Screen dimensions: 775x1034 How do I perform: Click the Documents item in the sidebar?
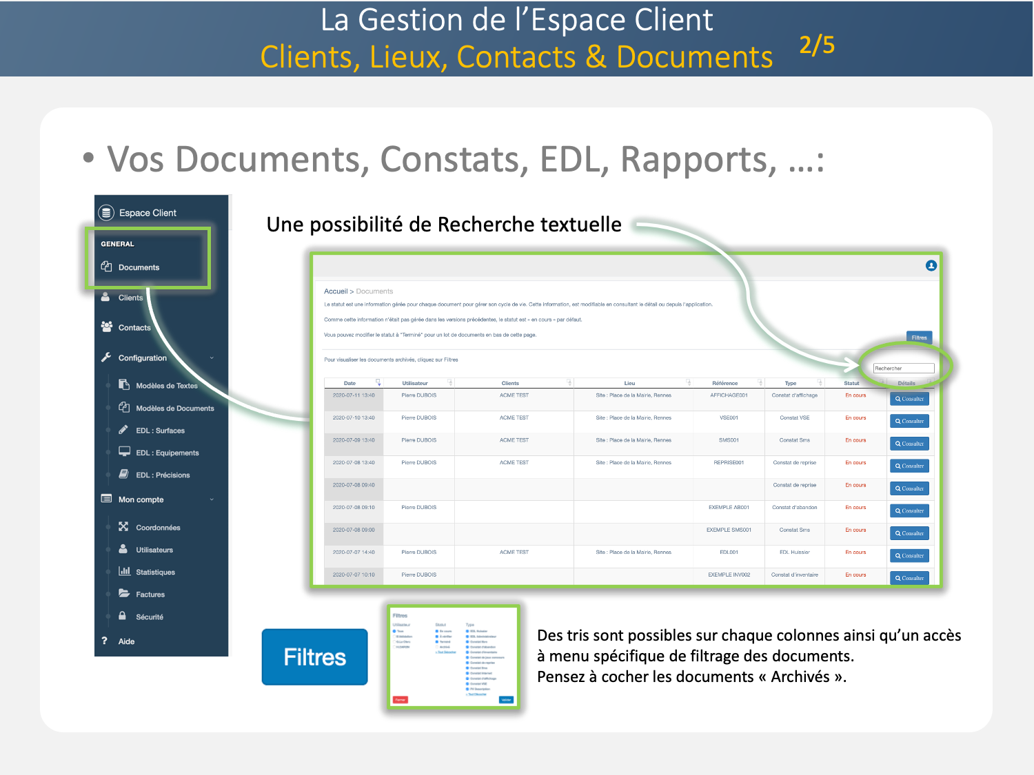[x=139, y=267]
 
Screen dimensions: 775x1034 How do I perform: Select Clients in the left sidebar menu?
[x=130, y=298]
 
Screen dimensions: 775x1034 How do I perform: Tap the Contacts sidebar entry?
[x=134, y=328]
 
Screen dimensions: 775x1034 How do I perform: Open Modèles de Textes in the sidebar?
[x=166, y=386]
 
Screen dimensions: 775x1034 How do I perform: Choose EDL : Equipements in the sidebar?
[x=167, y=453]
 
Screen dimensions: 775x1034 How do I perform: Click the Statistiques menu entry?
[x=155, y=572]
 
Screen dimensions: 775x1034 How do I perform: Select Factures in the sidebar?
[x=150, y=595]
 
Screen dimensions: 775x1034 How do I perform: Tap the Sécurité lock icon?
[x=123, y=616]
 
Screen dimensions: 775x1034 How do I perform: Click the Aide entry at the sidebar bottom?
[x=126, y=641]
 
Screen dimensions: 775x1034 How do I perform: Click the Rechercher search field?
[x=903, y=369]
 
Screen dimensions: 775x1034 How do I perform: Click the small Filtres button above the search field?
[x=919, y=338]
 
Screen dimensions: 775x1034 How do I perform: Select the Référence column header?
[x=724, y=383]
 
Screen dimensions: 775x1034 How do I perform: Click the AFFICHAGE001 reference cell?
[x=729, y=395]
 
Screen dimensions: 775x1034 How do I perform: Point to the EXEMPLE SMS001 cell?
[x=729, y=530]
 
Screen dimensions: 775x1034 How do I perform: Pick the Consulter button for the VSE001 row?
[x=909, y=421]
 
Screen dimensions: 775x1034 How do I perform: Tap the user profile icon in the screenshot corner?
[x=931, y=266]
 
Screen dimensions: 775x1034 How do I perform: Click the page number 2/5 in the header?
[x=817, y=45]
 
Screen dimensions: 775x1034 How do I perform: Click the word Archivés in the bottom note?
[x=800, y=676]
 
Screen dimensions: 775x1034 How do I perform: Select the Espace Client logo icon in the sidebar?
[x=106, y=213]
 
